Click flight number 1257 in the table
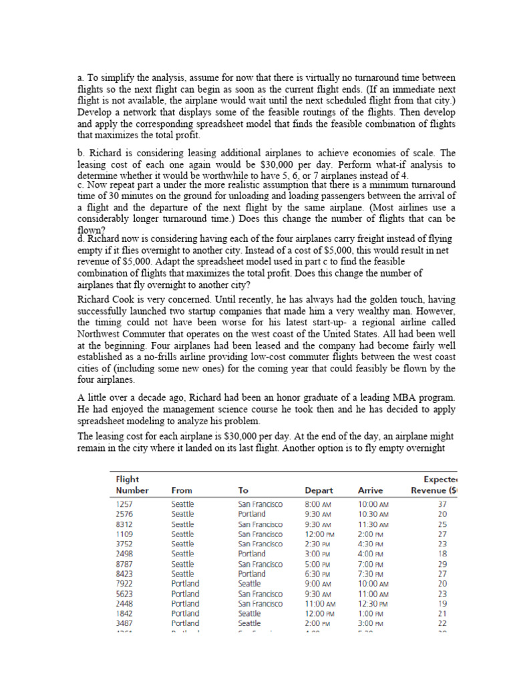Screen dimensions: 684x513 pyautogui.click(x=124, y=504)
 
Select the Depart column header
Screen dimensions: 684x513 pyautogui.click(x=319, y=490)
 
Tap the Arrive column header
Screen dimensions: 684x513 pyautogui.click(x=370, y=490)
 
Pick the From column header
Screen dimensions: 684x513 pyautogui.click(x=182, y=490)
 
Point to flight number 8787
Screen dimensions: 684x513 pyautogui.click(x=125, y=564)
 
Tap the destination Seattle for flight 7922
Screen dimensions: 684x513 pyautogui.click(x=250, y=584)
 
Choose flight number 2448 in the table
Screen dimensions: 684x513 pyautogui.click(x=125, y=603)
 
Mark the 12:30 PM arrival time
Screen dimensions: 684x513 pyautogui.click(x=373, y=603)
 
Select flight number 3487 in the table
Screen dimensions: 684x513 pyautogui.click(x=125, y=623)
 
